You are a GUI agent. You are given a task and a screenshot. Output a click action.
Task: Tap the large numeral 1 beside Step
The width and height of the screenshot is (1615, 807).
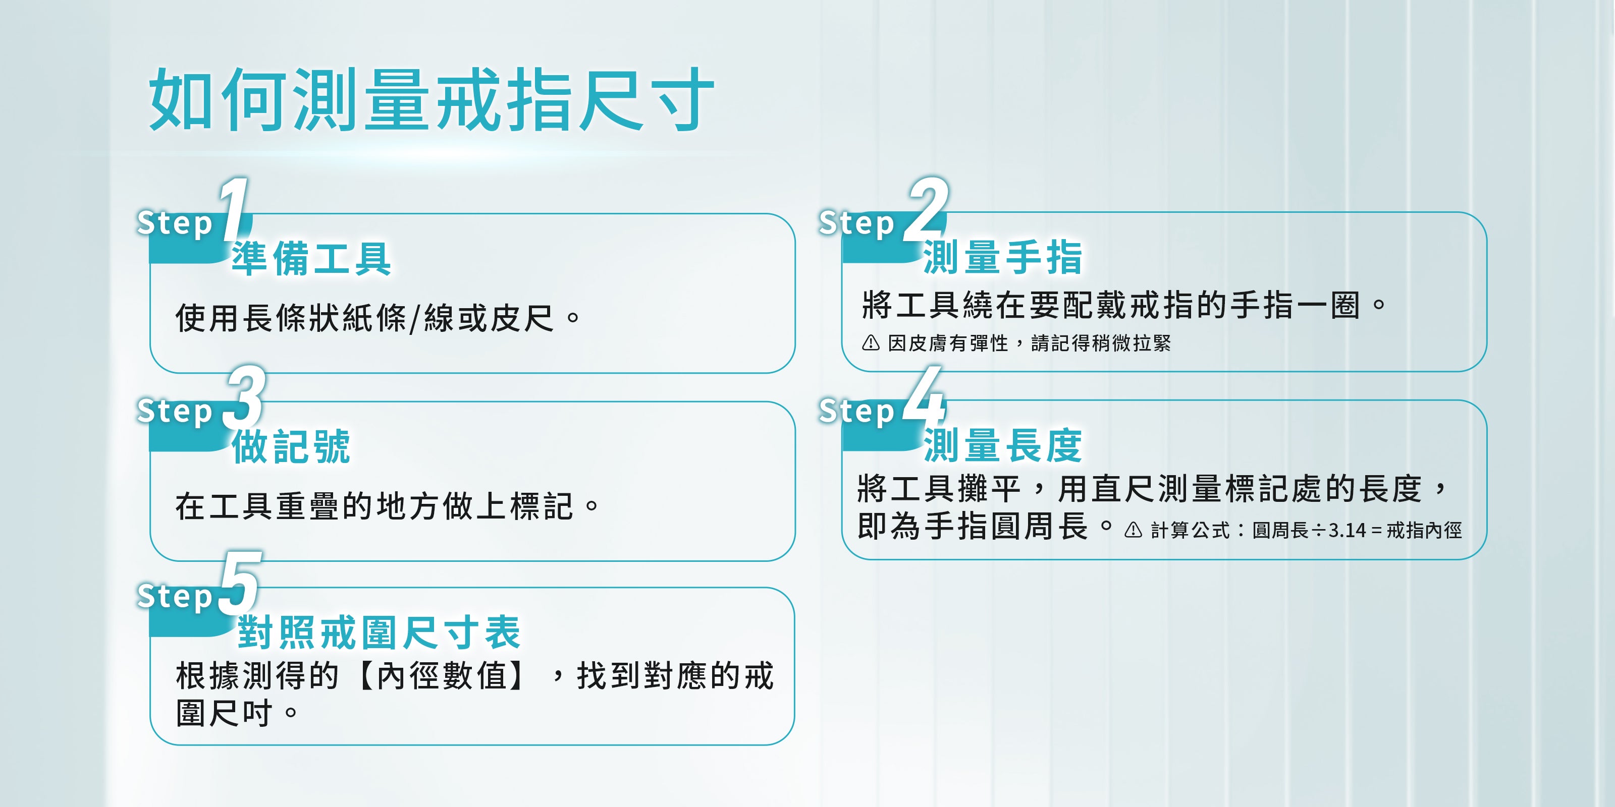[x=235, y=209]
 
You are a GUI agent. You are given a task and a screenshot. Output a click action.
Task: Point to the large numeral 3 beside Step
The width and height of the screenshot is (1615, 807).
[x=246, y=396]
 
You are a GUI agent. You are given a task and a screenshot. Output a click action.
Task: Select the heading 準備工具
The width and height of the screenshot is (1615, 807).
[x=311, y=258]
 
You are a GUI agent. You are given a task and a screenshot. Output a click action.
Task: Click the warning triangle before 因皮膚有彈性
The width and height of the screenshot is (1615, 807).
[x=871, y=343]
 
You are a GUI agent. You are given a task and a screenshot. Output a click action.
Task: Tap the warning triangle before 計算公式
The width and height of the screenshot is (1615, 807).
[x=1133, y=530]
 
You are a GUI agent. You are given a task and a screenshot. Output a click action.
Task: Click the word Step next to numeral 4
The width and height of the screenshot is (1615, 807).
[x=856, y=412]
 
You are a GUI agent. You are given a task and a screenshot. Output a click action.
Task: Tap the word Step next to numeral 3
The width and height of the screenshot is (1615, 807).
[x=175, y=412]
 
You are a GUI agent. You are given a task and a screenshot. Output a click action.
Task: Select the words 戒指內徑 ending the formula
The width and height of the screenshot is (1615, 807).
[x=1424, y=531]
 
